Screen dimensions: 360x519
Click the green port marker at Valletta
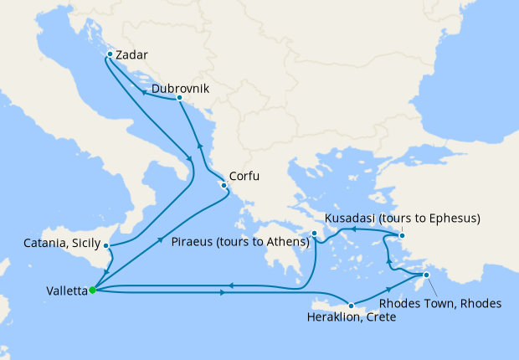click(x=92, y=291)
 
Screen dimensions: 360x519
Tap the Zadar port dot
click(x=110, y=56)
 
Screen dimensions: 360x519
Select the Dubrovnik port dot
click(x=179, y=99)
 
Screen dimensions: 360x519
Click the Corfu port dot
click(x=223, y=186)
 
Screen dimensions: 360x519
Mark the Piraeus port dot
click(x=315, y=234)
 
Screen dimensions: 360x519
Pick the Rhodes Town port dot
click(x=426, y=275)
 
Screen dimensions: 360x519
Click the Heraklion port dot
click(x=352, y=306)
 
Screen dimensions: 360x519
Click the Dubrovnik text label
click(x=180, y=88)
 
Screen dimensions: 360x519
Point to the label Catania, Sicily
click(x=63, y=244)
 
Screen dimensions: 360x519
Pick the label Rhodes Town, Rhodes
click(x=440, y=303)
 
